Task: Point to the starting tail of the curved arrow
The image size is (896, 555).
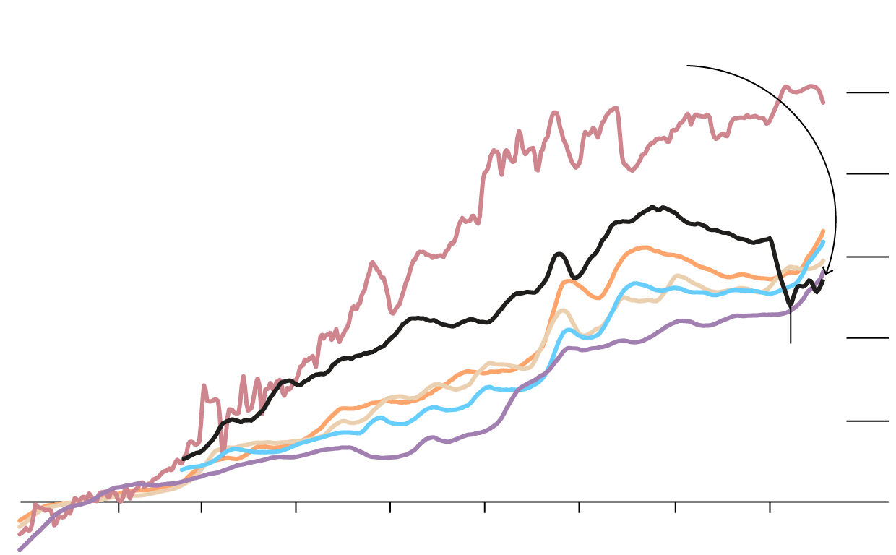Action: (688, 66)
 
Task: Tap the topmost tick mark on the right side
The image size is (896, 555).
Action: (867, 92)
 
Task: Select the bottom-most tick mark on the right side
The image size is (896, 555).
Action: (867, 421)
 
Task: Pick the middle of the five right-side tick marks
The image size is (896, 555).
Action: (867, 257)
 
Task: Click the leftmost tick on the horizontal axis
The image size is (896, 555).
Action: (119, 507)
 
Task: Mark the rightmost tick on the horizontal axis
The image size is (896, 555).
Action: (770, 507)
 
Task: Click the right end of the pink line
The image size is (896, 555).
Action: (823, 102)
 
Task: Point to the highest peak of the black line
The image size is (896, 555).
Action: (652, 207)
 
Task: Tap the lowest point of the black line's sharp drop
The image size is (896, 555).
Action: (790, 304)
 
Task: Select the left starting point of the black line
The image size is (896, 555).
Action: (184, 458)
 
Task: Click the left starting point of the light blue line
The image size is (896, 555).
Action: (182, 470)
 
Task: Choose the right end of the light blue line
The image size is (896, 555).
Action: (823, 242)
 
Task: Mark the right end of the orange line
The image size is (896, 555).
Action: (823, 231)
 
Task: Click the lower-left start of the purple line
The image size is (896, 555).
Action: (20, 550)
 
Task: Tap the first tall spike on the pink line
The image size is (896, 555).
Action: (204, 387)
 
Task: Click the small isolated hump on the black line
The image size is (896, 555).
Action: (559, 254)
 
